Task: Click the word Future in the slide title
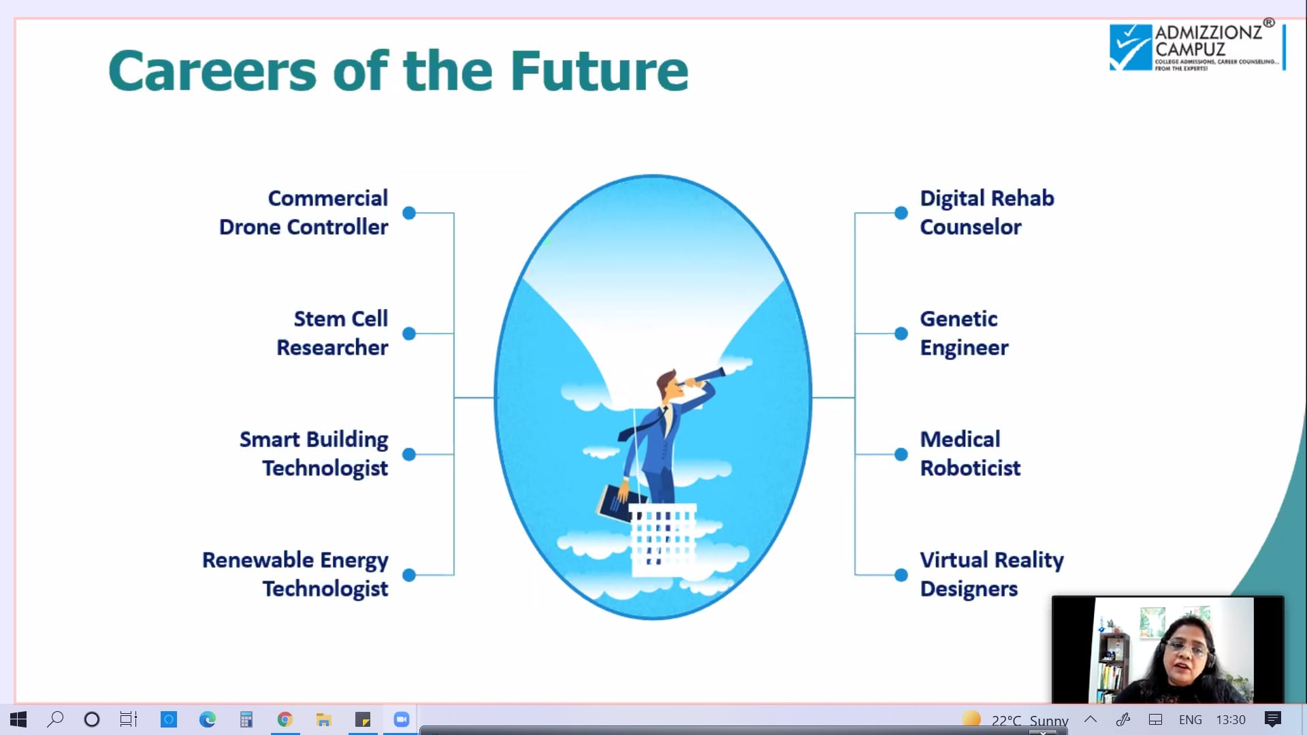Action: point(599,70)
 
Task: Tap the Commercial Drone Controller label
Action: point(304,212)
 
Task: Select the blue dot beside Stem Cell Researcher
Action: point(409,333)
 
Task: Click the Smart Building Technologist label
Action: point(314,453)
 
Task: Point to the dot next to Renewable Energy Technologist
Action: point(409,575)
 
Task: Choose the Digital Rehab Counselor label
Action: point(987,212)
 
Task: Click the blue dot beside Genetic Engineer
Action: point(901,333)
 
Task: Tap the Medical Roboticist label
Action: point(970,453)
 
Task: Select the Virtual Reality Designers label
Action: point(992,574)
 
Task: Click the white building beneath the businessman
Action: point(662,540)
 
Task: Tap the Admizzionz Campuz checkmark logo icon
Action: point(1131,48)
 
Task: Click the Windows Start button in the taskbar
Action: point(18,719)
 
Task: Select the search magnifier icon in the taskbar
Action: point(55,719)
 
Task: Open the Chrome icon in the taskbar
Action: point(285,719)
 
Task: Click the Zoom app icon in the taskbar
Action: point(402,719)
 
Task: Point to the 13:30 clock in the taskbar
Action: point(1231,720)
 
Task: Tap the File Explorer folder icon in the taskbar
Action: point(324,719)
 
